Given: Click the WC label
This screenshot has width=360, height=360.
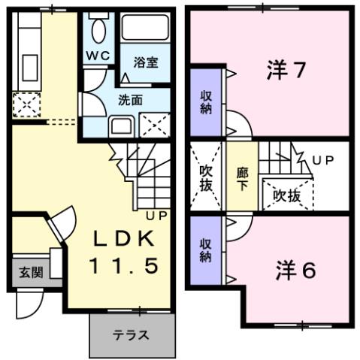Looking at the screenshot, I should tap(97, 55).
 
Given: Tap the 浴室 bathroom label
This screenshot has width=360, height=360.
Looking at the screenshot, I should tap(146, 62).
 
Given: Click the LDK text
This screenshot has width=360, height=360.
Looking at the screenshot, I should tap(125, 240).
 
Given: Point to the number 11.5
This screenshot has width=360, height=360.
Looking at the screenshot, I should tap(125, 265).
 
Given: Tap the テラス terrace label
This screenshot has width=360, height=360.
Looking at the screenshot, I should tap(131, 335).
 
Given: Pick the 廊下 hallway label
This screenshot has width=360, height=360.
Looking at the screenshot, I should tap(242, 177).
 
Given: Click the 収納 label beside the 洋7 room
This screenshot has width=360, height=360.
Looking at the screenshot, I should tap(205, 101).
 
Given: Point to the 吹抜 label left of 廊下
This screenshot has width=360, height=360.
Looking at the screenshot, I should tap(205, 177).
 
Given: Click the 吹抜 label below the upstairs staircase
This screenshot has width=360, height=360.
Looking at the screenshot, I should tap(287, 195).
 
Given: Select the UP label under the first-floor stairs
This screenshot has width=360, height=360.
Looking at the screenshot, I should tap(156, 216).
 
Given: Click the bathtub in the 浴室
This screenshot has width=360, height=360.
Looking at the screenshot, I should tap(147, 30).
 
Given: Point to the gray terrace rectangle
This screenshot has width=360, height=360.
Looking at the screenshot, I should tap(132, 334).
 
